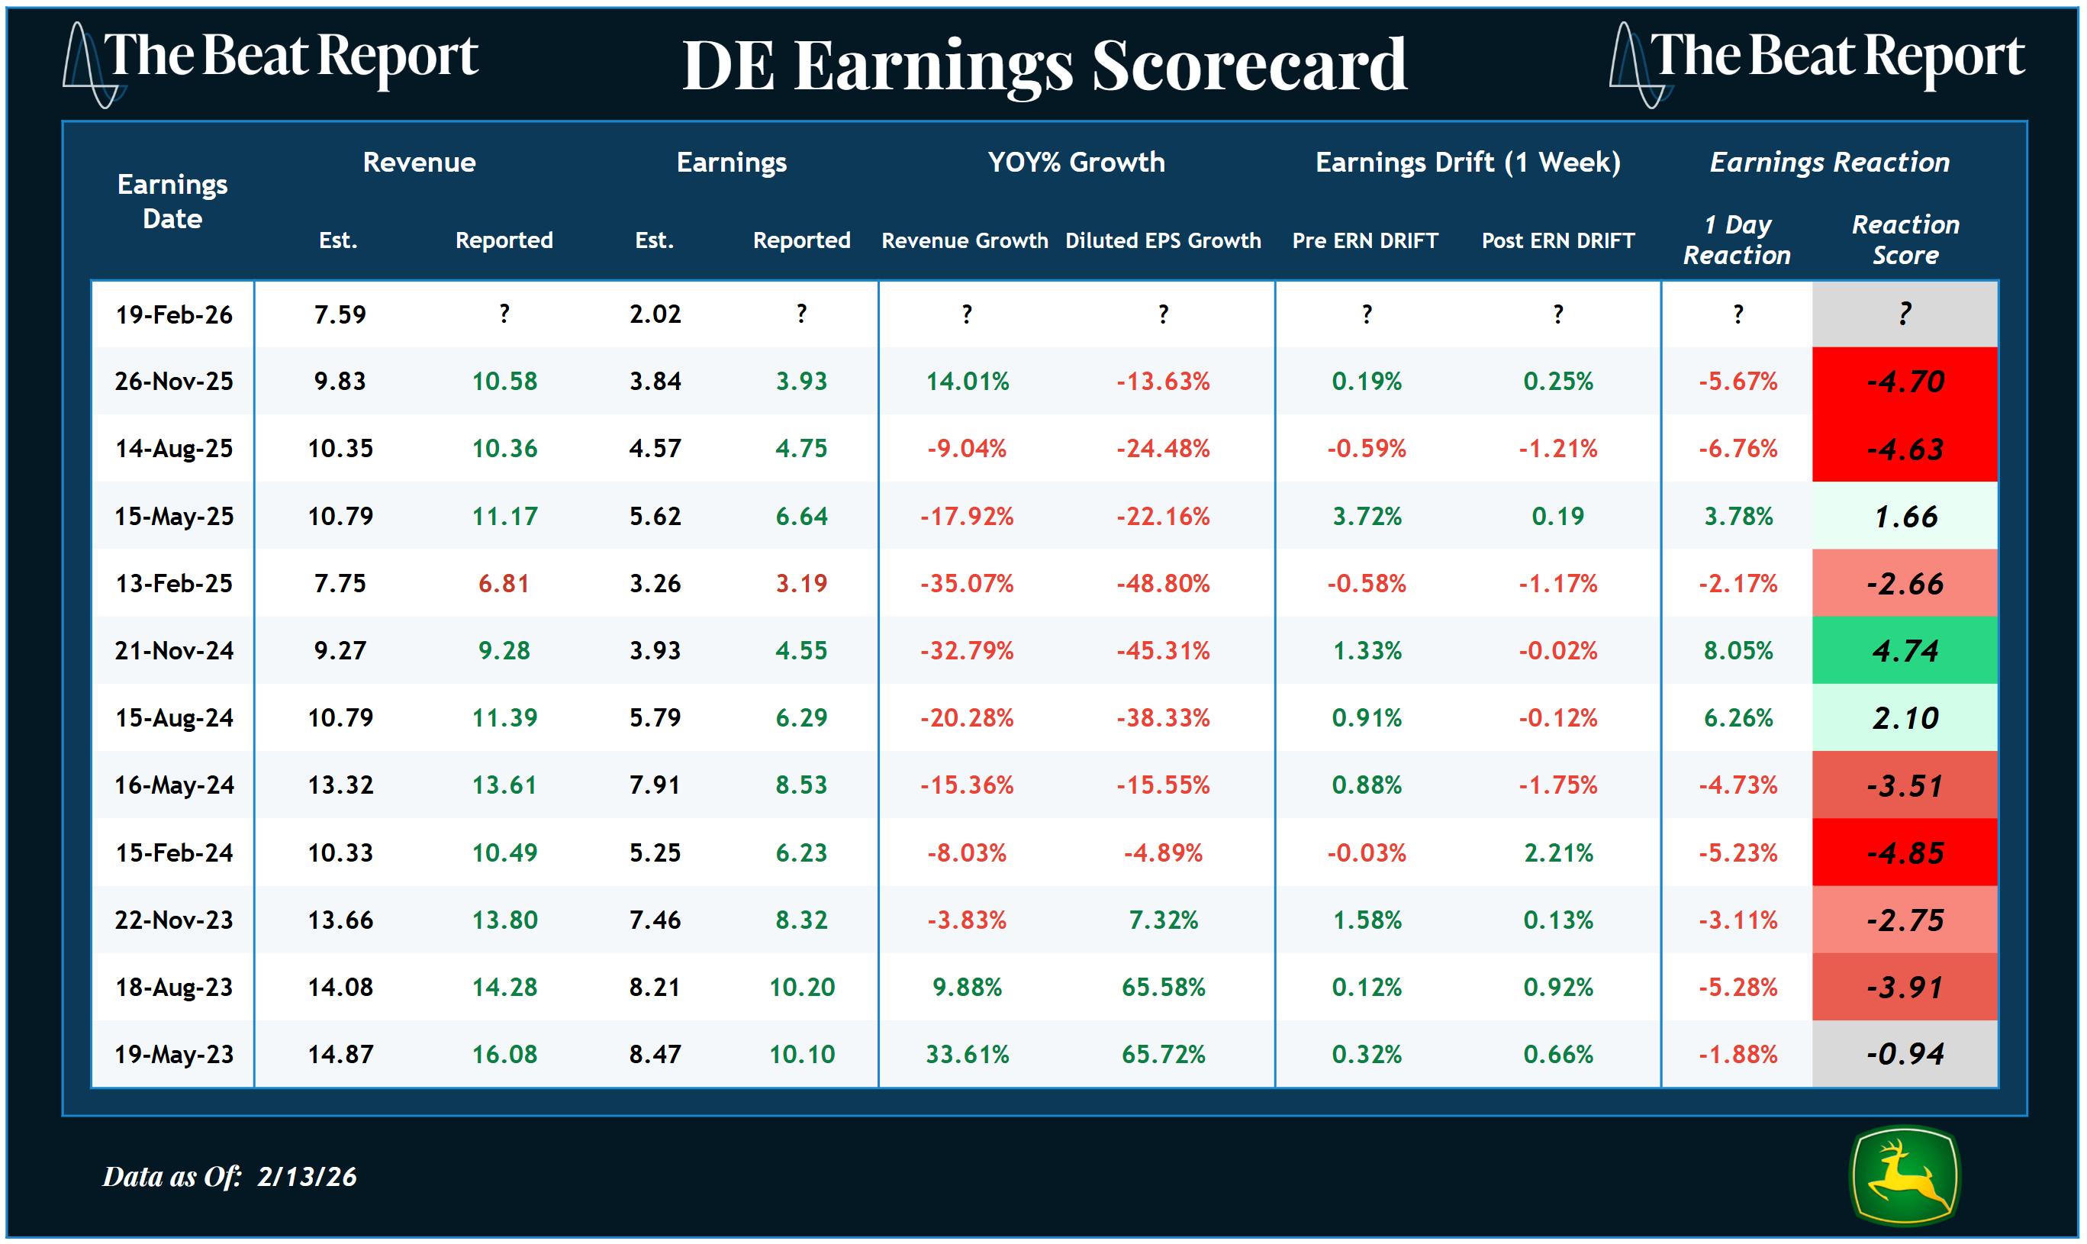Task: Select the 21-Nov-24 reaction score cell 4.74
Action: pyautogui.click(x=1905, y=650)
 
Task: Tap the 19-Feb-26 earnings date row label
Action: pyautogui.click(x=173, y=314)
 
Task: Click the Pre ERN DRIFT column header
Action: pyautogui.click(x=1364, y=240)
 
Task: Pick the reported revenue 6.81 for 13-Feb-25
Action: pyautogui.click(x=504, y=583)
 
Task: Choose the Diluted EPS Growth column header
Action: pyautogui.click(x=1162, y=240)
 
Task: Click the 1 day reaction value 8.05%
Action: pyautogui.click(x=1738, y=650)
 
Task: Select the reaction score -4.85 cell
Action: pyautogui.click(x=1905, y=852)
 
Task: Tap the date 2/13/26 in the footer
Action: pyautogui.click(x=307, y=1177)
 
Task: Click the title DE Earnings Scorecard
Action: pyautogui.click(x=1045, y=66)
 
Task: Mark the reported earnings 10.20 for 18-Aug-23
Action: pyautogui.click(x=801, y=987)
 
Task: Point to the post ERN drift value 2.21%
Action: pyautogui.click(x=1557, y=852)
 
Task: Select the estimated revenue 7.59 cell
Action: pyautogui.click(x=340, y=314)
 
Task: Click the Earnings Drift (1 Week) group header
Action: pyautogui.click(x=1467, y=162)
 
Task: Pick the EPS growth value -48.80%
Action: pyautogui.click(x=1162, y=583)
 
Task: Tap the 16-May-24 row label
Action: pyautogui.click(x=173, y=785)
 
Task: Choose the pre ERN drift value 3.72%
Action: pyautogui.click(x=1366, y=517)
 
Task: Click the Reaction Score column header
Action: pyautogui.click(x=1905, y=240)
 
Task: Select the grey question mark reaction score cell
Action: pyautogui.click(x=1905, y=314)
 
